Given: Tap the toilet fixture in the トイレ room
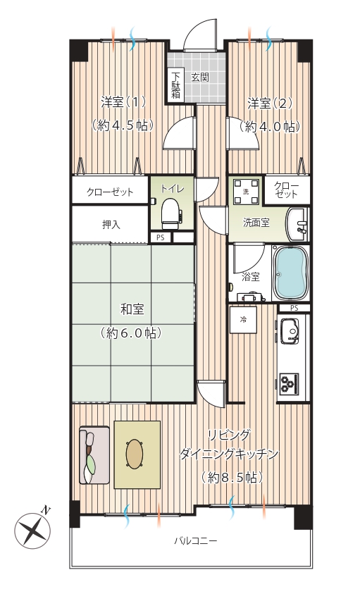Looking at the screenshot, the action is click(x=170, y=214).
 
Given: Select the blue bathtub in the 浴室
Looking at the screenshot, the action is click(x=291, y=273).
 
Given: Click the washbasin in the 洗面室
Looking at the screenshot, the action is click(x=298, y=224).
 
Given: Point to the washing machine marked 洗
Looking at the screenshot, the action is click(x=247, y=192).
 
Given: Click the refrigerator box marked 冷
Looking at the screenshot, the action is click(x=243, y=320).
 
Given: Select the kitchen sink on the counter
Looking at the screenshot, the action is click(x=290, y=331).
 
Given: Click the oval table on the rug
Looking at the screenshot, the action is click(x=135, y=454).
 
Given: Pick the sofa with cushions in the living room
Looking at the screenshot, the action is click(x=94, y=455).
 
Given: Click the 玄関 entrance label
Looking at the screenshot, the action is click(x=199, y=78).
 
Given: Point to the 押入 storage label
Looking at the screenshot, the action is click(x=111, y=225).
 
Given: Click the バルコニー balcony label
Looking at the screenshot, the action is click(x=196, y=540).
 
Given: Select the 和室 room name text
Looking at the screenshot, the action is click(x=132, y=309).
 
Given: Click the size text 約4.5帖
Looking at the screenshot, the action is click(x=123, y=125).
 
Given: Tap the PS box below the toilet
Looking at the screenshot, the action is click(x=161, y=237).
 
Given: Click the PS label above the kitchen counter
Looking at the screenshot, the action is click(x=294, y=309).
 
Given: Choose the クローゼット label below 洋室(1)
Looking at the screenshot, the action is click(x=110, y=192).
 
